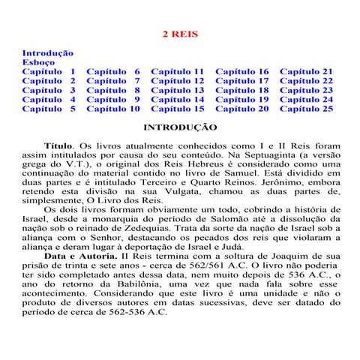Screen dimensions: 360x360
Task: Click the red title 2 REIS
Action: pos(180,34)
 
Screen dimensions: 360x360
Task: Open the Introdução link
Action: pos(47,53)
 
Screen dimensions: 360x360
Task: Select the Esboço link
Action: pos(38,62)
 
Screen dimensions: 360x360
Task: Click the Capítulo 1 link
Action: pos(49,71)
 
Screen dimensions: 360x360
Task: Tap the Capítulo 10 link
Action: pos(113,109)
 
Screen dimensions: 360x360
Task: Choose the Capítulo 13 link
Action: pos(178,90)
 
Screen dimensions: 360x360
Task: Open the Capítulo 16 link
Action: pos(242,71)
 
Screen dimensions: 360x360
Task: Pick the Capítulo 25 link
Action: pos(307,109)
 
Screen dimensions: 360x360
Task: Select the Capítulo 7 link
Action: pos(113,80)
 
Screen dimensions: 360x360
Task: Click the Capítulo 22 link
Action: pos(307,80)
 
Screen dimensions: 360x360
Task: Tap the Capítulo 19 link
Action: pos(242,99)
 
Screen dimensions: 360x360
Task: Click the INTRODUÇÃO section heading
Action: pos(180,127)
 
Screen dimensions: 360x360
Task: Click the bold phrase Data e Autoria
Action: pos(80,256)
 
